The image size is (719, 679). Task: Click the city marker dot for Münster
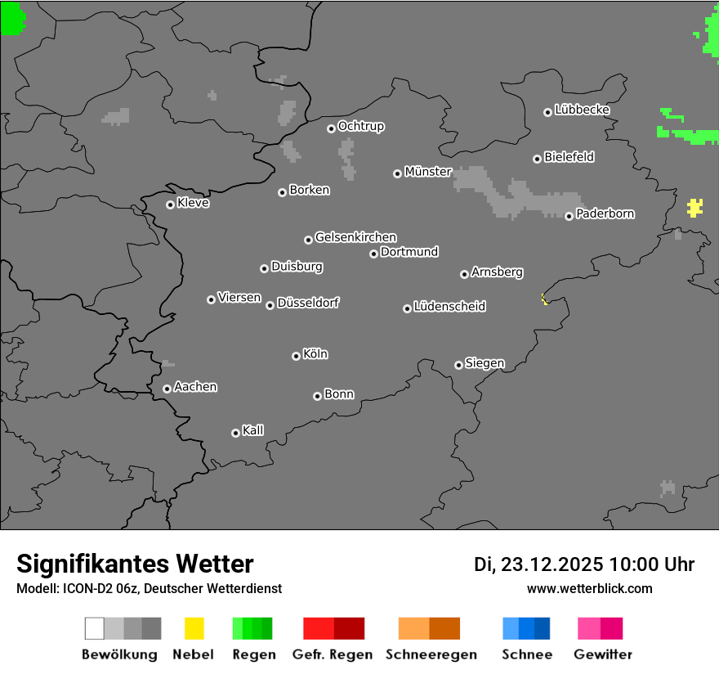(x=397, y=173)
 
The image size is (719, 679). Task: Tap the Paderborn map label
(x=605, y=214)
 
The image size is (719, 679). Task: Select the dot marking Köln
(x=296, y=356)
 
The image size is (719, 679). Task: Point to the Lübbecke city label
(x=583, y=110)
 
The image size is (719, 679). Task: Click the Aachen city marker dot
(x=167, y=389)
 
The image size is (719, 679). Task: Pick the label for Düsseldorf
(x=308, y=303)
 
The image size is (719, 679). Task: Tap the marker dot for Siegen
(x=458, y=365)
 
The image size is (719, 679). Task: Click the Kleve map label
(x=194, y=203)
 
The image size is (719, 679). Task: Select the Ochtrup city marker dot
(x=331, y=128)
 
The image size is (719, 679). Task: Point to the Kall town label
(x=253, y=430)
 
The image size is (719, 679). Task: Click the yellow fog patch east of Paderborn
(x=694, y=207)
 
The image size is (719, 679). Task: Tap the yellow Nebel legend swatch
(x=194, y=628)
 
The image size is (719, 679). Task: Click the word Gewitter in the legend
(x=603, y=654)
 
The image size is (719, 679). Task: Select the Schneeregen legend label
(x=431, y=654)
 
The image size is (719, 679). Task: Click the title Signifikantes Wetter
(x=135, y=564)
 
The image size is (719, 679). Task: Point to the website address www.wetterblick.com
(x=590, y=588)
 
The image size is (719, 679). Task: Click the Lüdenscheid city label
(x=449, y=307)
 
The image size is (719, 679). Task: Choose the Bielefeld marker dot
(x=537, y=159)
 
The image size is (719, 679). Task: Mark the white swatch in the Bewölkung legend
(x=94, y=628)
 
